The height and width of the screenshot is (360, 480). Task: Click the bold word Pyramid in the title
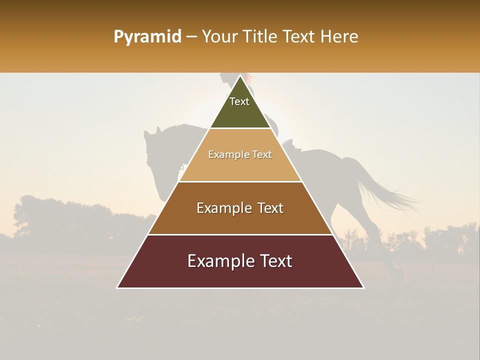147,37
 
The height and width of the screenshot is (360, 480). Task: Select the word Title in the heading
260,37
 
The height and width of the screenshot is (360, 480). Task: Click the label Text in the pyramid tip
239,101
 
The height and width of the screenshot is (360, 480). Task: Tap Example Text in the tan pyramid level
240,154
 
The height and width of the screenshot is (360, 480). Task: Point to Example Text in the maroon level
240,261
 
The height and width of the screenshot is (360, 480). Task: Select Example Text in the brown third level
240,208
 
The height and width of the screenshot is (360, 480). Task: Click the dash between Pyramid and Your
191,37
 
